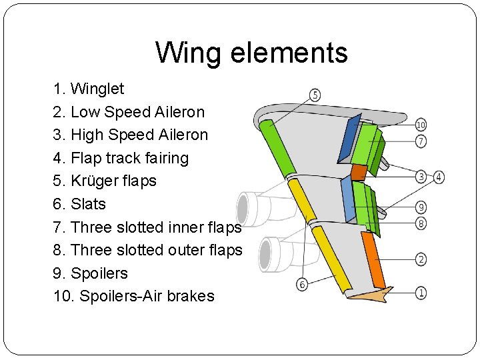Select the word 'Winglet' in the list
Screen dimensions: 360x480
[97, 89]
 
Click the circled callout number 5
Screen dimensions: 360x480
[315, 95]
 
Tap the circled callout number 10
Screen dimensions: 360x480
[421, 125]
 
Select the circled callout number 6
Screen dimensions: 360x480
[302, 285]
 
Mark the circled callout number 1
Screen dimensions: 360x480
[421, 292]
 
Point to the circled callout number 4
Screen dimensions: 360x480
[438, 177]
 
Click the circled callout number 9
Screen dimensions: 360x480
[421, 207]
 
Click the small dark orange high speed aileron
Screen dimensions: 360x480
[359, 172]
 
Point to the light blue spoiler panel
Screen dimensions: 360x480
[347, 200]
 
